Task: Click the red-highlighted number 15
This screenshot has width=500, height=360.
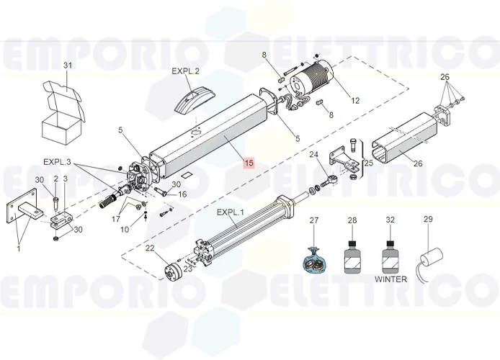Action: click(x=249, y=163)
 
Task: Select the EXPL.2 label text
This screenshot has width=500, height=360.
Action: click(x=185, y=71)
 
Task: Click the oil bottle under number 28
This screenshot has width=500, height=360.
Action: click(x=352, y=257)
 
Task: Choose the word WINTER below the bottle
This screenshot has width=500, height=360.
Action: click(x=390, y=279)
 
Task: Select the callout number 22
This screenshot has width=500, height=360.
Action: click(x=151, y=248)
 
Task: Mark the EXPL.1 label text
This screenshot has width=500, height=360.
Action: click(x=231, y=212)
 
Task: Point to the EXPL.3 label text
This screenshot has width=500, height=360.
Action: click(x=57, y=162)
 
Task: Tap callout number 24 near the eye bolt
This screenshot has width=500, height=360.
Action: click(x=314, y=155)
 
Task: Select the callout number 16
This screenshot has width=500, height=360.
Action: click(x=182, y=194)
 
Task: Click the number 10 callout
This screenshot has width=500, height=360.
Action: click(x=125, y=230)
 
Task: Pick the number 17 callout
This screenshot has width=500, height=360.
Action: click(x=116, y=219)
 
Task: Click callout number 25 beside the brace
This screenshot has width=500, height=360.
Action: click(x=369, y=163)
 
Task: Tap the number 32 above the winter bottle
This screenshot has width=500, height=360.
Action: click(x=390, y=220)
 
